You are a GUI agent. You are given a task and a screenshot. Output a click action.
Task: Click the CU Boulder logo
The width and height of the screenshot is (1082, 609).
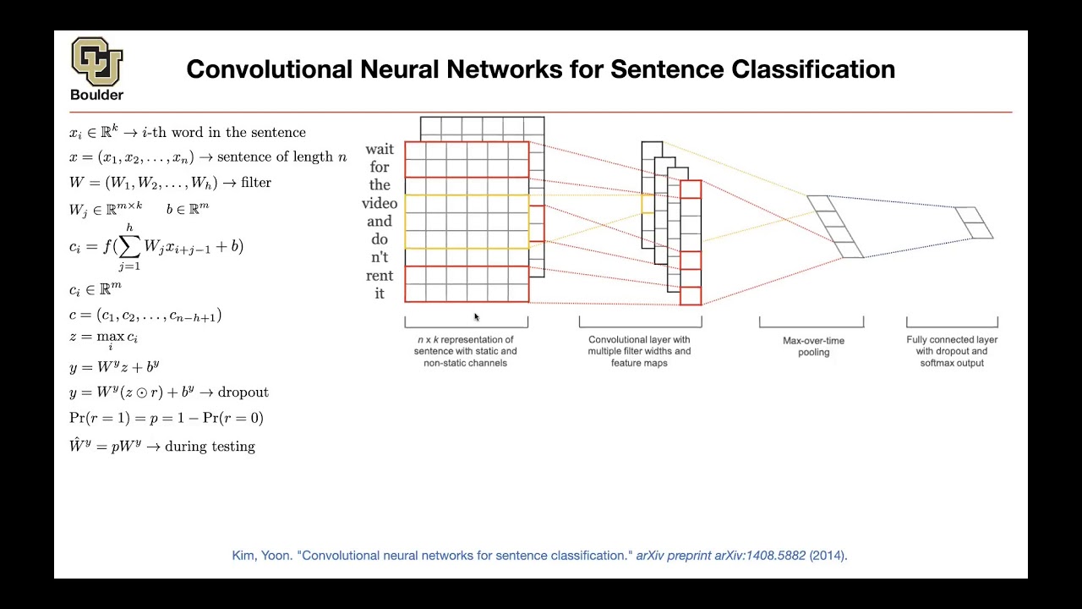(96, 63)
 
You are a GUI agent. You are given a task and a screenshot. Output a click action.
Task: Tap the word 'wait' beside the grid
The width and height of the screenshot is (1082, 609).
(380, 150)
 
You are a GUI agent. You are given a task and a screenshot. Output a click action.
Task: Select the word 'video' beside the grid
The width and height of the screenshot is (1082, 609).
(380, 203)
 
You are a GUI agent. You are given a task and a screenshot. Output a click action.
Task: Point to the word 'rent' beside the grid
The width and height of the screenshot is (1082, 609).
(380, 275)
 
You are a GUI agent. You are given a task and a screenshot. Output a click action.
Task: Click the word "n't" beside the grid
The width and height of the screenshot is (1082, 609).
(380, 257)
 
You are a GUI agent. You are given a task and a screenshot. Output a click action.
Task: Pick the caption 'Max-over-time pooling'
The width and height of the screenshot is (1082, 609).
(813, 347)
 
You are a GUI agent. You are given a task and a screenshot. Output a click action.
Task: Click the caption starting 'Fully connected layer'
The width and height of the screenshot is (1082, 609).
(952, 351)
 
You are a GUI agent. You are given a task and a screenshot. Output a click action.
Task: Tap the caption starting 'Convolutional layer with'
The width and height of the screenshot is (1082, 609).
(639, 351)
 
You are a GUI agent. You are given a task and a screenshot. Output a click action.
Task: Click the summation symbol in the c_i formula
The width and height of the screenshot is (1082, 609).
(129, 246)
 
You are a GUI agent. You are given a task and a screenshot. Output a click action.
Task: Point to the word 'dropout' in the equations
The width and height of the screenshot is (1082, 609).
(243, 392)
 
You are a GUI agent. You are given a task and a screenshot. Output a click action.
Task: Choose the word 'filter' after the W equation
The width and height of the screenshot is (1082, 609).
(256, 183)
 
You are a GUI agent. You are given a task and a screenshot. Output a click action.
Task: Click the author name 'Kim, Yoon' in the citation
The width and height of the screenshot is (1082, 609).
(261, 556)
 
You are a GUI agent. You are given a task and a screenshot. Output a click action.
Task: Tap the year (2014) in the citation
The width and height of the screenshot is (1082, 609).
(828, 556)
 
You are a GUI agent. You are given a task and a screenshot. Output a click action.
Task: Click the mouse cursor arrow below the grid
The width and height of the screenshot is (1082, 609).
(477, 317)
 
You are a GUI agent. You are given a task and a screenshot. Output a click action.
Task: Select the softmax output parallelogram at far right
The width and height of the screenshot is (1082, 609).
(975, 222)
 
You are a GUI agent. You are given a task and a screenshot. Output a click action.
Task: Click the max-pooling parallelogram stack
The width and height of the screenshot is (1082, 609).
(835, 227)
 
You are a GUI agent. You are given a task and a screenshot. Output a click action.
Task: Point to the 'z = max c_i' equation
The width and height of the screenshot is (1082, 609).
(103, 339)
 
